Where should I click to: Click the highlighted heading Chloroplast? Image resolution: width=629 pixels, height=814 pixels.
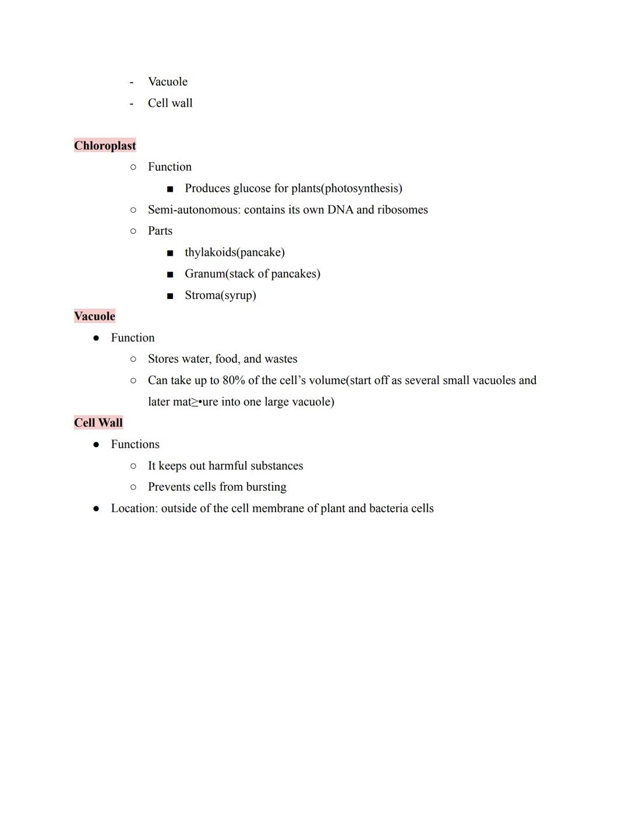point(105,146)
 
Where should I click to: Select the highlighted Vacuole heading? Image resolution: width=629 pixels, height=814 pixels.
point(94,316)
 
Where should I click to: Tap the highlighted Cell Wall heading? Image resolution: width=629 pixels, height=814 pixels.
point(98,423)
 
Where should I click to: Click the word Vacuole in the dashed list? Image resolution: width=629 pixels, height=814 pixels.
point(167,82)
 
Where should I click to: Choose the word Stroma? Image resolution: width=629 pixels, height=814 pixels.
point(202,295)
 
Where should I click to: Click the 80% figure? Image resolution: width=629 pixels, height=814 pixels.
point(234,380)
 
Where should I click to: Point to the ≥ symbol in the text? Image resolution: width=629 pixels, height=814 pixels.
point(195,403)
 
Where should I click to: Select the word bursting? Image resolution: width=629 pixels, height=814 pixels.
point(266,487)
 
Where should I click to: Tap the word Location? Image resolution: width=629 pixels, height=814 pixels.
point(133,509)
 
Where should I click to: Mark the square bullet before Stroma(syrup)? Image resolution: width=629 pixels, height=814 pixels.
point(170,296)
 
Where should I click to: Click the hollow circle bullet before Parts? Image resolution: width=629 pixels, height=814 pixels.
point(133,231)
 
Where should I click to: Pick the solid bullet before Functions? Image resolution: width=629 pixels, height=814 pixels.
point(96,445)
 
